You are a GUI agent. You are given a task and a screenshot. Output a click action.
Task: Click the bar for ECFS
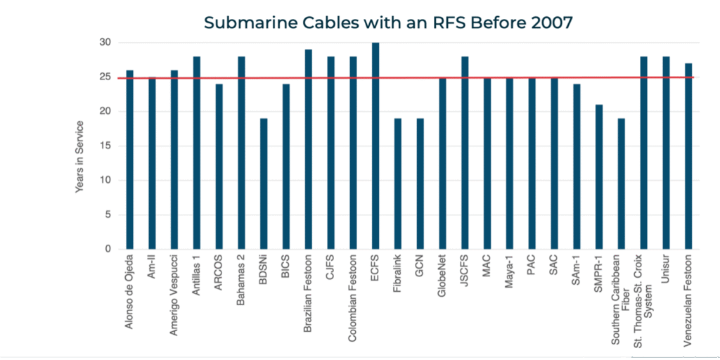[375, 146]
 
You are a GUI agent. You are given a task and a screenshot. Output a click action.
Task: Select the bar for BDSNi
[264, 184]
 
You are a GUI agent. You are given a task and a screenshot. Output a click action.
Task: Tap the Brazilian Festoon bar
[309, 149]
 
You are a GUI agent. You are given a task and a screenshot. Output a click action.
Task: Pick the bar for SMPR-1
[598, 176]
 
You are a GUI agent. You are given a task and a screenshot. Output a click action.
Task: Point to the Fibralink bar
[398, 184]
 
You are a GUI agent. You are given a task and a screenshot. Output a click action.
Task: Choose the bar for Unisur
[666, 153]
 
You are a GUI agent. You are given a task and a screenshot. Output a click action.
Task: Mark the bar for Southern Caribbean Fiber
[621, 184]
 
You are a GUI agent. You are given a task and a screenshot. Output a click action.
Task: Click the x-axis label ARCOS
[219, 276]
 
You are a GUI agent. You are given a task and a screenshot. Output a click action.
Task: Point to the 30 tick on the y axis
[105, 42]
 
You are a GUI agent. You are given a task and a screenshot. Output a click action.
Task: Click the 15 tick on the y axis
[105, 146]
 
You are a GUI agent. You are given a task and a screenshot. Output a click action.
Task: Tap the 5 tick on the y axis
[108, 214]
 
